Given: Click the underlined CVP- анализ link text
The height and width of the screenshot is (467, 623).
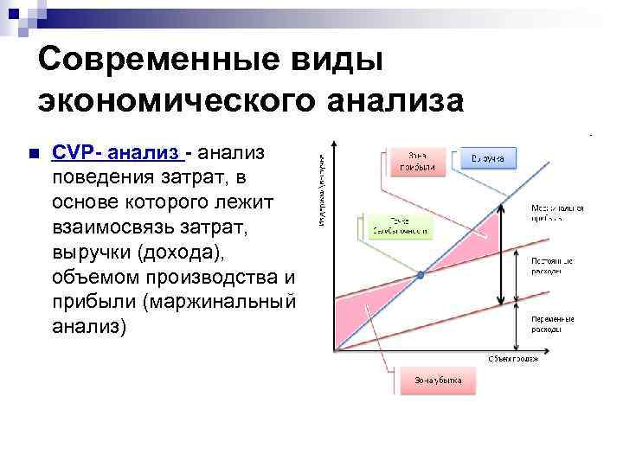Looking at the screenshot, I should [x=119, y=152].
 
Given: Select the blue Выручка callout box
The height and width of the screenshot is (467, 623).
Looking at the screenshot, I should [x=488, y=157].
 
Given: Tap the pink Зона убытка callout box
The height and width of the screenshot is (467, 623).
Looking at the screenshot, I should [x=437, y=380].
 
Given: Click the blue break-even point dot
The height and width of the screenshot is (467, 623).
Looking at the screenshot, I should [x=421, y=275].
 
